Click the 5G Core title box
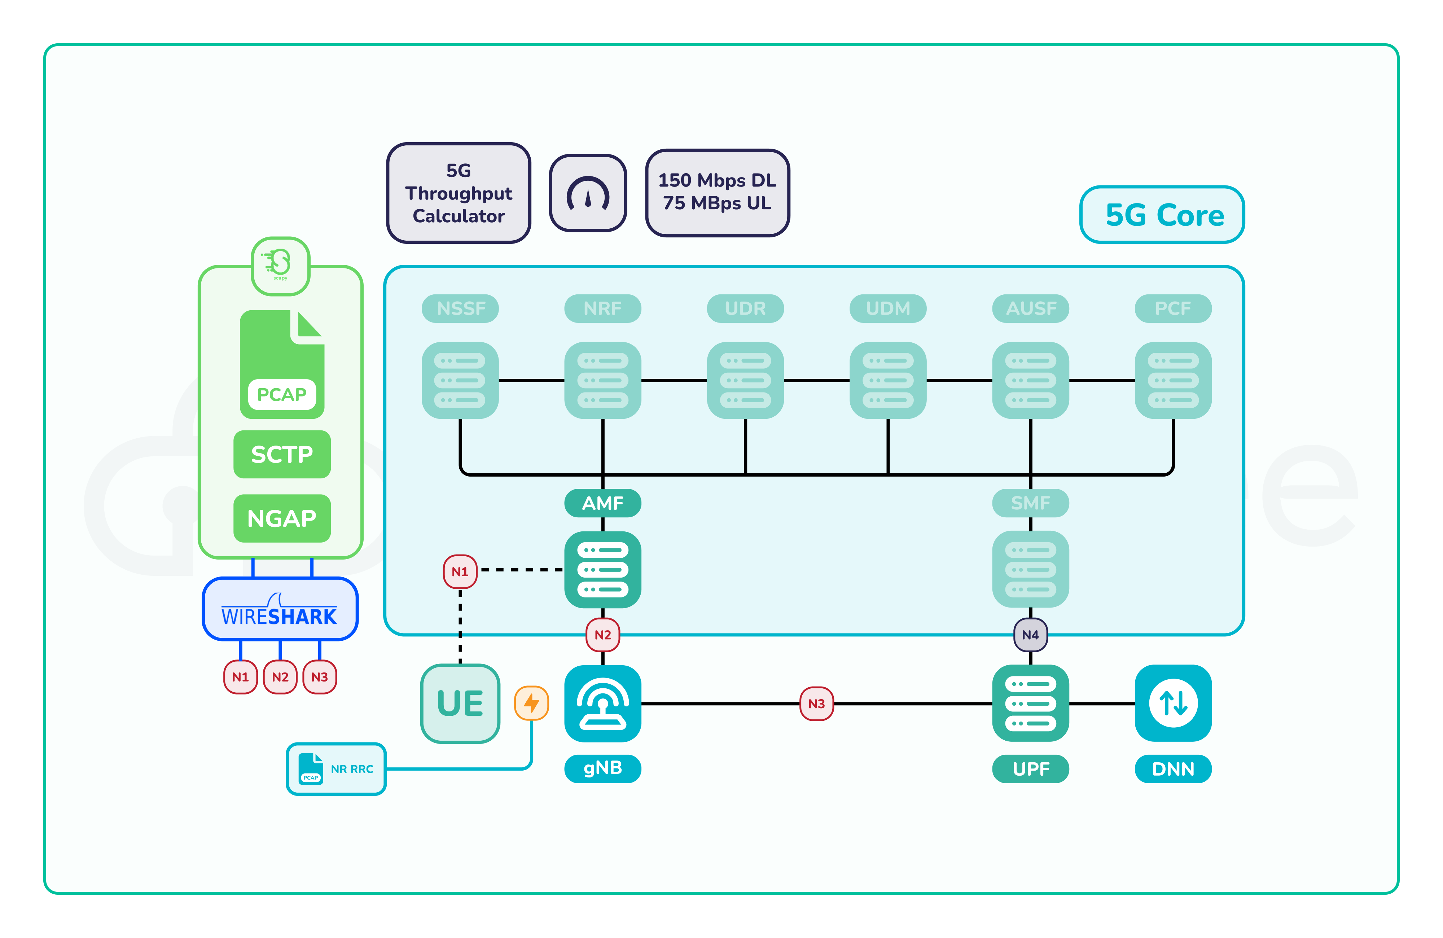1162,215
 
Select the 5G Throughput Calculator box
459,193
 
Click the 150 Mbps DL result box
717,192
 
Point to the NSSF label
460,308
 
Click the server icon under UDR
745,380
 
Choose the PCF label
1172,308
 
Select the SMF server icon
1030,569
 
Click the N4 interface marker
1030,635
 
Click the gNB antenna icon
603,703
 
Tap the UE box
460,703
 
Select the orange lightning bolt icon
532,703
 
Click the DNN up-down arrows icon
1172,703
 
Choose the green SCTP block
282,454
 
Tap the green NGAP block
282,518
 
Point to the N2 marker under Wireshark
280,677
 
